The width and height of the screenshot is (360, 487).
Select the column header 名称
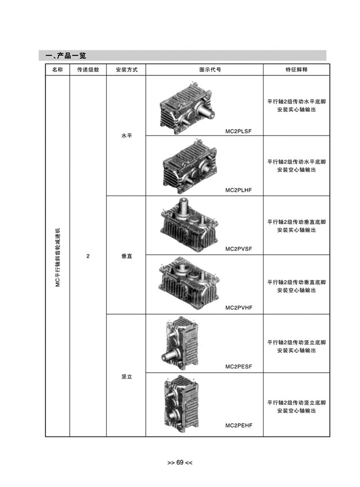pyautogui.click(x=58, y=70)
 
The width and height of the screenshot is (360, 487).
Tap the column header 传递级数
pyautogui.click(x=88, y=70)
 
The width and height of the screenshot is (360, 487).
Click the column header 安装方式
pyautogui.click(x=126, y=70)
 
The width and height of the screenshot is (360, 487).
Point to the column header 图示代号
pyautogui.click(x=210, y=70)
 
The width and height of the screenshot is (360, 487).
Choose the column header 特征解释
pyautogui.click(x=296, y=70)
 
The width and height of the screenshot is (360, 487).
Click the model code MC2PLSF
pyautogui.click(x=239, y=131)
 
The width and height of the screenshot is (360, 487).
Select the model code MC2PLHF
pyautogui.click(x=239, y=190)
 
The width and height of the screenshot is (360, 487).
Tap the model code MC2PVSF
pyautogui.click(x=239, y=249)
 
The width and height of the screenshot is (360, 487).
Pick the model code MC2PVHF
pyautogui.click(x=239, y=307)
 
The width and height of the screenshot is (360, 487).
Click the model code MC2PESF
pyautogui.click(x=239, y=366)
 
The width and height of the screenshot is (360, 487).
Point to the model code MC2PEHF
pyautogui.click(x=239, y=425)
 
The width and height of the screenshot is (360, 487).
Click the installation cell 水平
pyautogui.click(x=126, y=136)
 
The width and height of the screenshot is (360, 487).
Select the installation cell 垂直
pyautogui.click(x=126, y=256)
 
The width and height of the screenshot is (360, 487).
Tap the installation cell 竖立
pyautogui.click(x=126, y=377)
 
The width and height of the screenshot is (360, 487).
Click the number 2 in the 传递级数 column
pyautogui.click(x=88, y=256)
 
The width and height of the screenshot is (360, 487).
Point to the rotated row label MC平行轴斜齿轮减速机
pyautogui.click(x=58, y=258)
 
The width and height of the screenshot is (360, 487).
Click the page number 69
pyautogui.click(x=180, y=462)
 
